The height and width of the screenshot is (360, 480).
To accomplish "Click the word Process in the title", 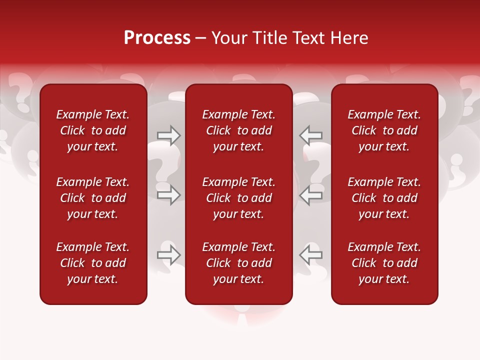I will [157, 38].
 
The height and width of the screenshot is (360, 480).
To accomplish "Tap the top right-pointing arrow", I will [169, 135].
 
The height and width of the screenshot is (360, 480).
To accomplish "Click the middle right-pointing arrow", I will [169, 195].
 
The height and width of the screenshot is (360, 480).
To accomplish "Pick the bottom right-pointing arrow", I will [169, 255].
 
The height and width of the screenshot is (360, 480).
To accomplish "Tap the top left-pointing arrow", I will [310, 135].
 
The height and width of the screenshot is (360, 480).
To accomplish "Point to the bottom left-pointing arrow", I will [310, 255].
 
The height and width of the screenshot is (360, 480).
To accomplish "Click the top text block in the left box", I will [93, 130].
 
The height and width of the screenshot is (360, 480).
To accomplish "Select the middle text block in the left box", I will [93, 198].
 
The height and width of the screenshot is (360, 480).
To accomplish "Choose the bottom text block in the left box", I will [93, 263].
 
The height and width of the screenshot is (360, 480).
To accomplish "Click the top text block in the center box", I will [239, 130].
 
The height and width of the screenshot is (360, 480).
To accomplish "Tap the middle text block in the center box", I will [239, 198].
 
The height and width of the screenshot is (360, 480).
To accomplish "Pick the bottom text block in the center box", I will [239, 263].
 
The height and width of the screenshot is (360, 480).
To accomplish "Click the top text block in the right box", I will [384, 130].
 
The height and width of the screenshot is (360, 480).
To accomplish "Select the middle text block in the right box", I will [384, 198].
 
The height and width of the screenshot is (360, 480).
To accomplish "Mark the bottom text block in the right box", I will [384, 263].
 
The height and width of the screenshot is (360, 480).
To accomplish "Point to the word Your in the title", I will [228, 38].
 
